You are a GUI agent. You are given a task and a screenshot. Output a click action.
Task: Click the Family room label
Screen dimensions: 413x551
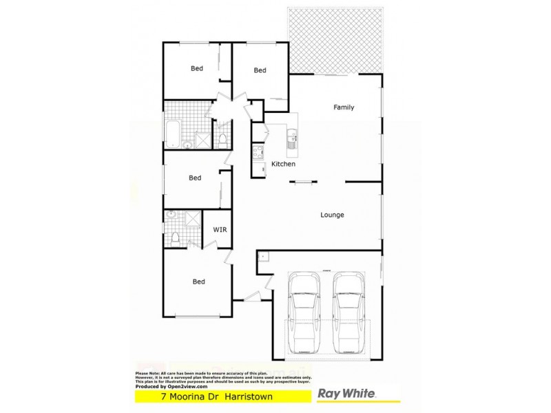pos(344,107)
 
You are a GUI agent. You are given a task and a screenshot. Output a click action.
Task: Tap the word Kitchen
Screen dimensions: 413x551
pos(283,165)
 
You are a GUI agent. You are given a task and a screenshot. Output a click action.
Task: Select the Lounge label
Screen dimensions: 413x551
pos(332,215)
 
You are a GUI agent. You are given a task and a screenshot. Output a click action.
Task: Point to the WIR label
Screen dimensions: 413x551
pos(219,229)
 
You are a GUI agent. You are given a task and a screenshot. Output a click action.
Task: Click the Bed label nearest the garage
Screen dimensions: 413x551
pos(199,282)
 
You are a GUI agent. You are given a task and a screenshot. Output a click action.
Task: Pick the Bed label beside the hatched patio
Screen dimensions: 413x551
pos(260,70)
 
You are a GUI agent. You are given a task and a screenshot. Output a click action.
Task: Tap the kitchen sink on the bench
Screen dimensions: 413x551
pos(293,142)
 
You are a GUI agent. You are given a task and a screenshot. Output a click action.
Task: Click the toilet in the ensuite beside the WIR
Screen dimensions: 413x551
pos(175,237)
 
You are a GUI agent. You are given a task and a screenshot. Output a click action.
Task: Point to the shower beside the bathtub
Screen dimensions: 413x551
pos(202,140)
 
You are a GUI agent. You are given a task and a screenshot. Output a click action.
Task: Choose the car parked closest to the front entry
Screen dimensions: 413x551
pos(304,313)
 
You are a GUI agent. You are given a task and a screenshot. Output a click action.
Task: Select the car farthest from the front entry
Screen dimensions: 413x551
pos(349,313)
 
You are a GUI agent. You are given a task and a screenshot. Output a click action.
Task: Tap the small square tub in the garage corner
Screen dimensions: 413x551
pos(262,256)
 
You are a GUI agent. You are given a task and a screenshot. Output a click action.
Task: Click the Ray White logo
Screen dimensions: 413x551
pos(346,394)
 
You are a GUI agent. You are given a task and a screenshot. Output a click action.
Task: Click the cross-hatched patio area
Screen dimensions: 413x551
pos(335,40)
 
